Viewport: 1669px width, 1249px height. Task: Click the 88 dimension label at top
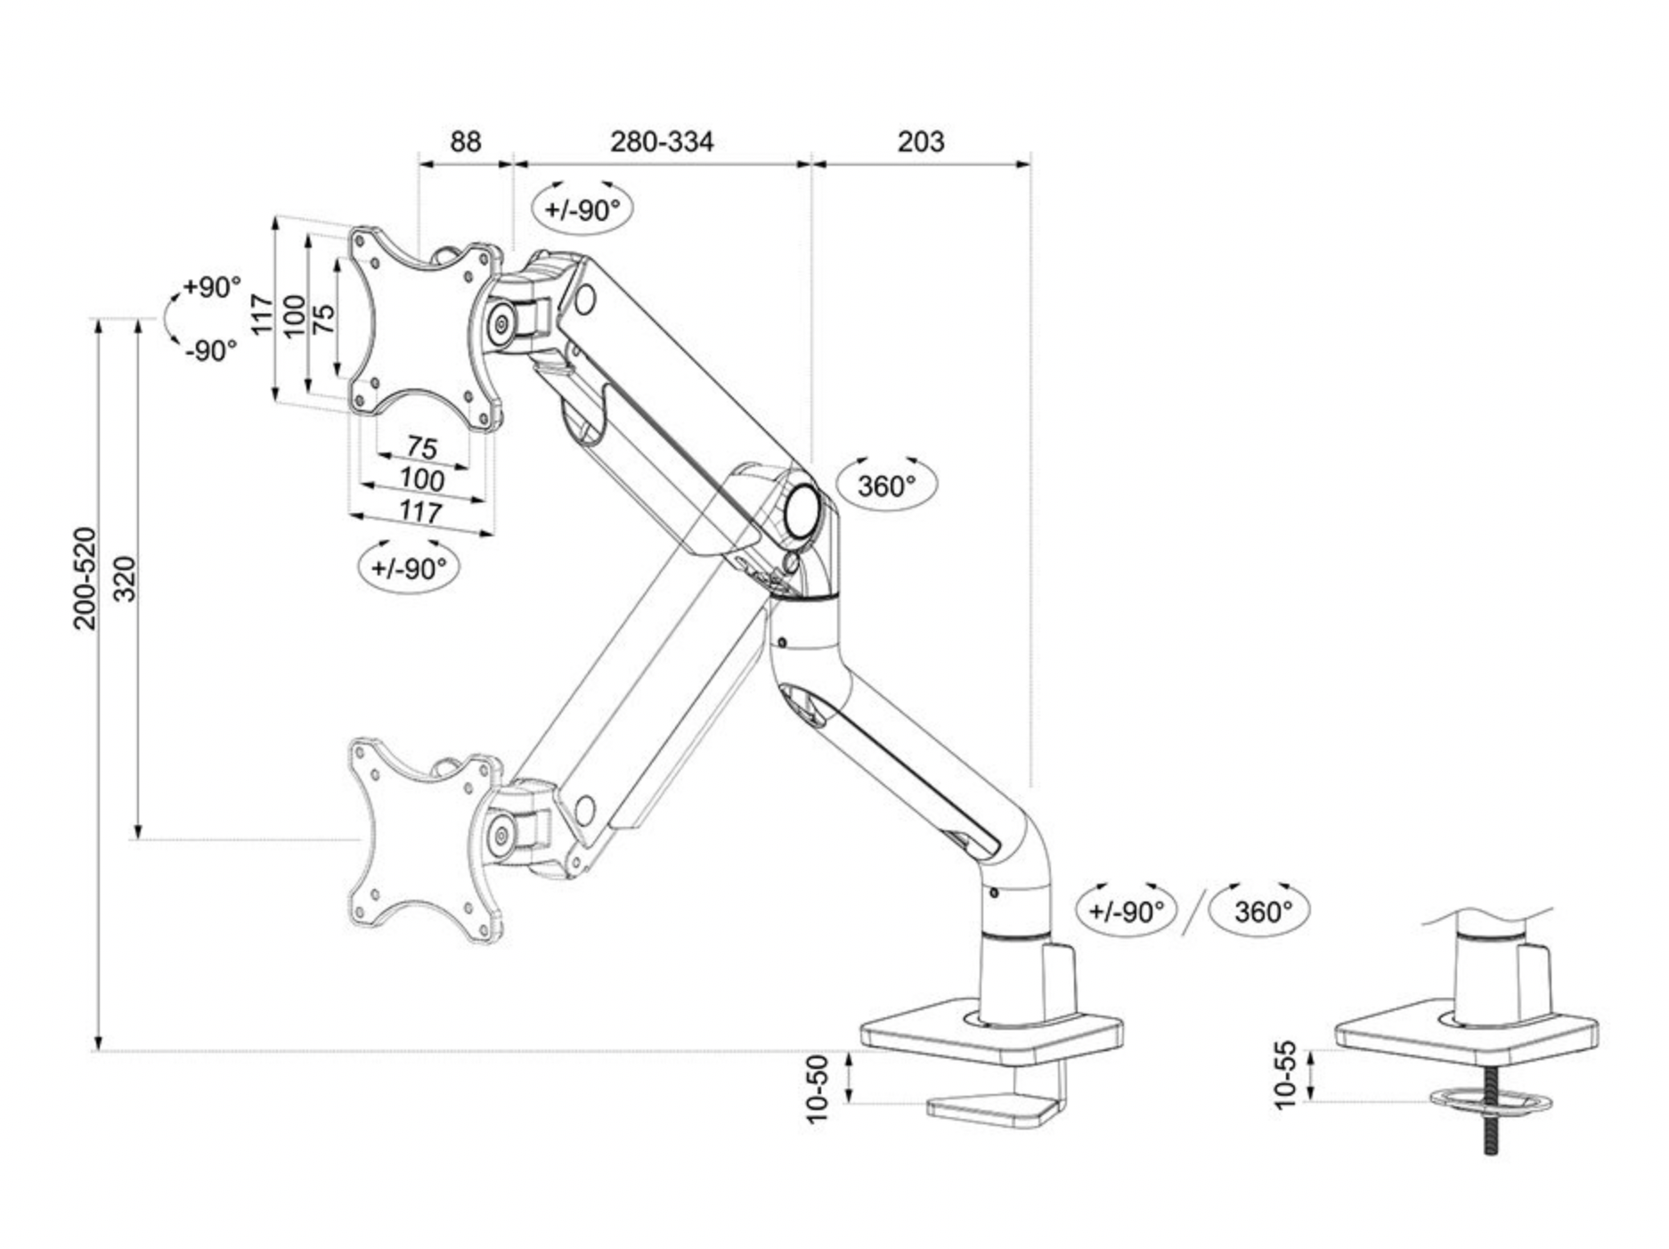coord(465,141)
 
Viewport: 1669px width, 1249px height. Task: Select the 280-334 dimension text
coord(661,141)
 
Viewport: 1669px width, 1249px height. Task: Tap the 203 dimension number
coord(920,141)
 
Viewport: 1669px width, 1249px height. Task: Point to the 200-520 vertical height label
coord(85,578)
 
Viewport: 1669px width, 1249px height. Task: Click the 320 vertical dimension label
coord(126,578)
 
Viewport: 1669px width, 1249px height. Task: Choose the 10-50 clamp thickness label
coord(817,1089)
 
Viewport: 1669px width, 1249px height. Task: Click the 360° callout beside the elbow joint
coord(886,486)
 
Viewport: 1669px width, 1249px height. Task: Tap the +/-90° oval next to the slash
coord(1127,911)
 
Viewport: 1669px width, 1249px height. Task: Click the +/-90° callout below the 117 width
coord(408,567)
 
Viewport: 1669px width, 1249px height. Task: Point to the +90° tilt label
coord(211,287)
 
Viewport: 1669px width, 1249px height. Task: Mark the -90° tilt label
coord(211,350)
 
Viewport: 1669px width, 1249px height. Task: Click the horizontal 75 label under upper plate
coord(422,446)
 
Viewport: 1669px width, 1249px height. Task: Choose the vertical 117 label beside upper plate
coord(261,314)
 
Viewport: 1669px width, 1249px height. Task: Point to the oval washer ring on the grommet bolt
coord(1491,1101)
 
